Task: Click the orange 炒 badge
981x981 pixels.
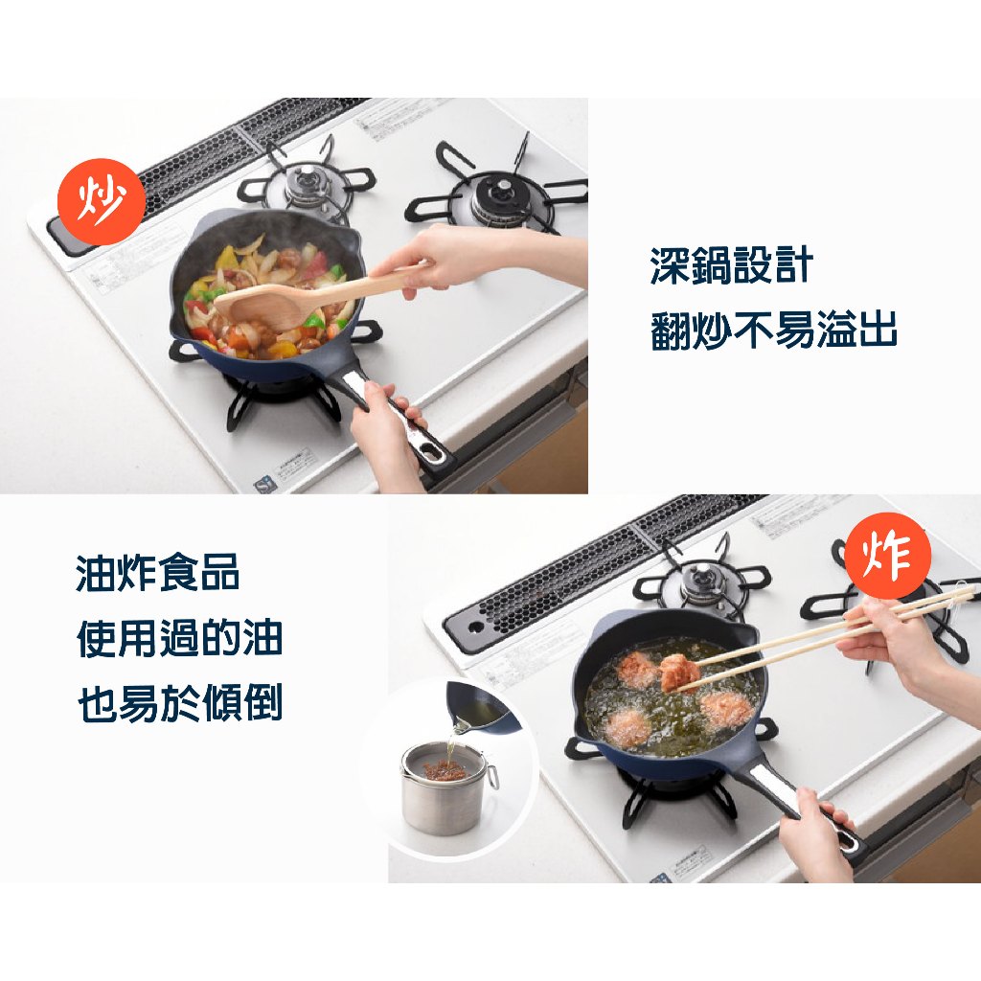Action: [102, 201]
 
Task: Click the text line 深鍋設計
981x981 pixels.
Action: [731, 265]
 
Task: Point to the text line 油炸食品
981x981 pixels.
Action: [158, 573]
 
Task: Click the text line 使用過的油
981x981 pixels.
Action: [179, 639]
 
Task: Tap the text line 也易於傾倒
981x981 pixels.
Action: [179, 702]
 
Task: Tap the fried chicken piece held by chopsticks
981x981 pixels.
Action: [679, 672]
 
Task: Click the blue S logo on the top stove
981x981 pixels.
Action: [263, 483]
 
